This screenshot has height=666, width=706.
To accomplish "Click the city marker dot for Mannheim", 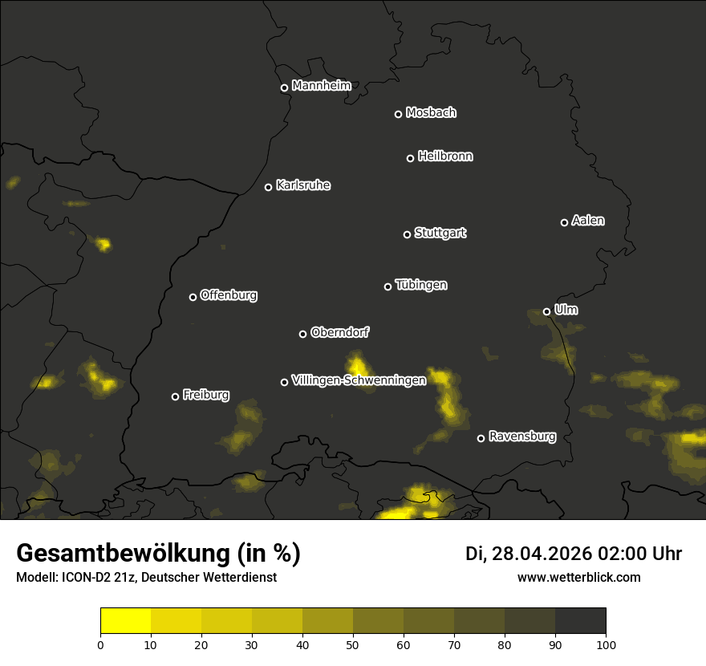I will point(284,88).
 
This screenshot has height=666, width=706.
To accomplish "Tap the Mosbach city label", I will point(431,113).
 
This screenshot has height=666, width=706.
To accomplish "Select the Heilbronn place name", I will point(445,156).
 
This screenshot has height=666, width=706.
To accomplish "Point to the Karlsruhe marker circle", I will point(268,188).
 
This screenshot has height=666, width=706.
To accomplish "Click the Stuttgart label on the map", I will point(440,234).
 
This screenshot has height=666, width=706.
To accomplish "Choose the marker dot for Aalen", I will point(564,222).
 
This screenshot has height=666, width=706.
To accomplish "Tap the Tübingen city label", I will point(421,285).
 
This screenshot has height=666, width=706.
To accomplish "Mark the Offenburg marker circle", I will point(193,297).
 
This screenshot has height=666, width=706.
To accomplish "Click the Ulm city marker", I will point(546,311).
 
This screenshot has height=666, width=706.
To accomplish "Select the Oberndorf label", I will point(339,332).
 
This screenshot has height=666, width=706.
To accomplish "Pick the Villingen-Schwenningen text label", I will point(359,380).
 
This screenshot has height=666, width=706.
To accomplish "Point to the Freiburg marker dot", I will point(175,396).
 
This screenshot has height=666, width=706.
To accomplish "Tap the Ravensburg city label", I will point(522,437).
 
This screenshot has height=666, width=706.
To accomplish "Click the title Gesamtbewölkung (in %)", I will point(158,554).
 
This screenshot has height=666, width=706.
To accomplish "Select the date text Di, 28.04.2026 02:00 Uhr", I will point(574,554).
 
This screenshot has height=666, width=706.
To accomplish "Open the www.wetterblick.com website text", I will point(579,577).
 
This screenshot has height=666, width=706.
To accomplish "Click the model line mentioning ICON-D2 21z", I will point(146,577).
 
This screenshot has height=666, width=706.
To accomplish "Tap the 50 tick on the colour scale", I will point(353,644).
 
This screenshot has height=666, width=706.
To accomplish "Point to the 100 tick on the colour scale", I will point(606,644).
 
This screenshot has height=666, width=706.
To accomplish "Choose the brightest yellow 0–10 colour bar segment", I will point(126,621).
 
